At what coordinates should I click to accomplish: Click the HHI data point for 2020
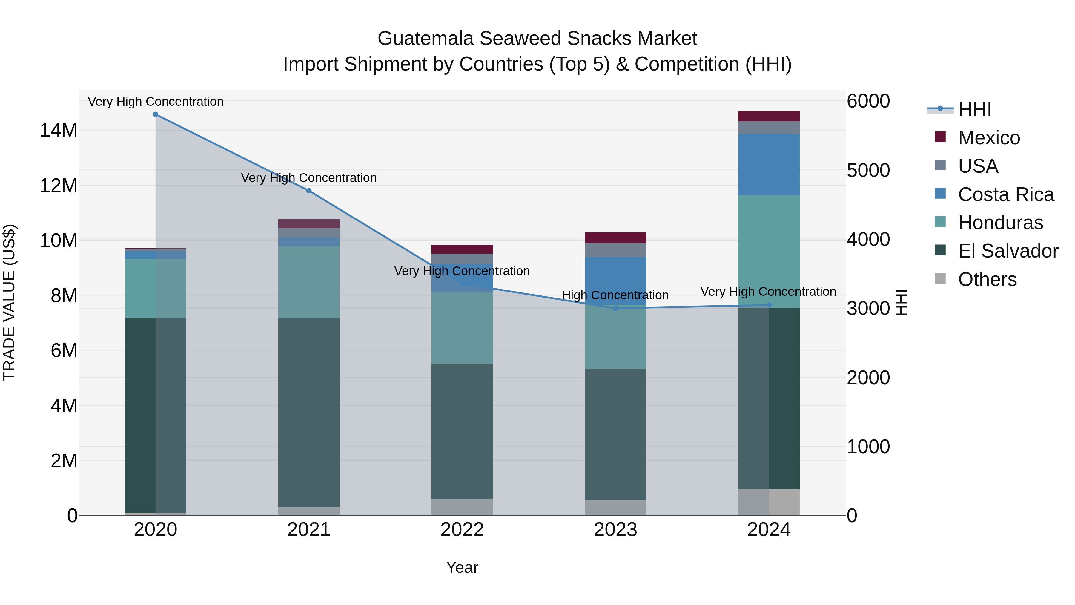pyautogui.click(x=156, y=114)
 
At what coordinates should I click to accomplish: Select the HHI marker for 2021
pyautogui.click(x=309, y=191)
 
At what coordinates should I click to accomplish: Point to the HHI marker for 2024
pyautogui.click(x=769, y=305)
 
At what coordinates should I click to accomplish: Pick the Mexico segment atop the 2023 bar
pyautogui.click(x=615, y=238)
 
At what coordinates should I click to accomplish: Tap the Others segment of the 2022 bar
pyautogui.click(x=462, y=507)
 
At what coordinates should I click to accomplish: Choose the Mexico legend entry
pyautogui.click(x=989, y=138)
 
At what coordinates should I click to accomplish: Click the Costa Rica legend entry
pyautogui.click(x=1005, y=194)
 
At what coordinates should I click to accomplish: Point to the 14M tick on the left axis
pyautogui.click(x=59, y=130)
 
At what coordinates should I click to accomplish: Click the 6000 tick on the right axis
pyautogui.click(x=868, y=101)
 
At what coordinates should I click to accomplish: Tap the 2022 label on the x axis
pyautogui.click(x=462, y=530)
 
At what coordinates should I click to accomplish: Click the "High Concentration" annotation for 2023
pyautogui.click(x=615, y=295)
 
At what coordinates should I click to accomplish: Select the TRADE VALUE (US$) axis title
pyautogui.click(x=9, y=302)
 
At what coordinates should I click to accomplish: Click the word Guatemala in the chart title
pyautogui.click(x=426, y=39)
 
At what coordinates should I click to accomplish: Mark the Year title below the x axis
pyautogui.click(x=462, y=567)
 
